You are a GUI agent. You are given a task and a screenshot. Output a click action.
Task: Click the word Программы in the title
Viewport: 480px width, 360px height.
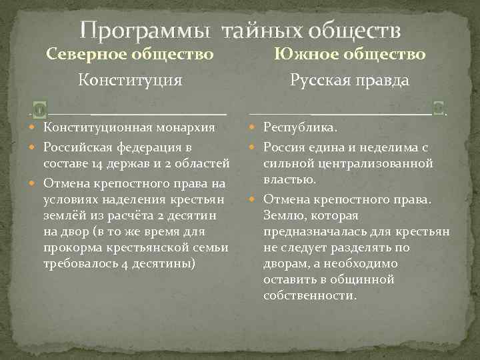[x=145, y=31]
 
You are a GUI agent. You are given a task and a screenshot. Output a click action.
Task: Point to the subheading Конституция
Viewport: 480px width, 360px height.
[x=130, y=81]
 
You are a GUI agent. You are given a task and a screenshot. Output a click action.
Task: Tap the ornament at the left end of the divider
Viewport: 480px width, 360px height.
[x=39, y=109]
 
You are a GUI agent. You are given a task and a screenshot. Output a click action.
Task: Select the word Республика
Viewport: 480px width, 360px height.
[x=300, y=127]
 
